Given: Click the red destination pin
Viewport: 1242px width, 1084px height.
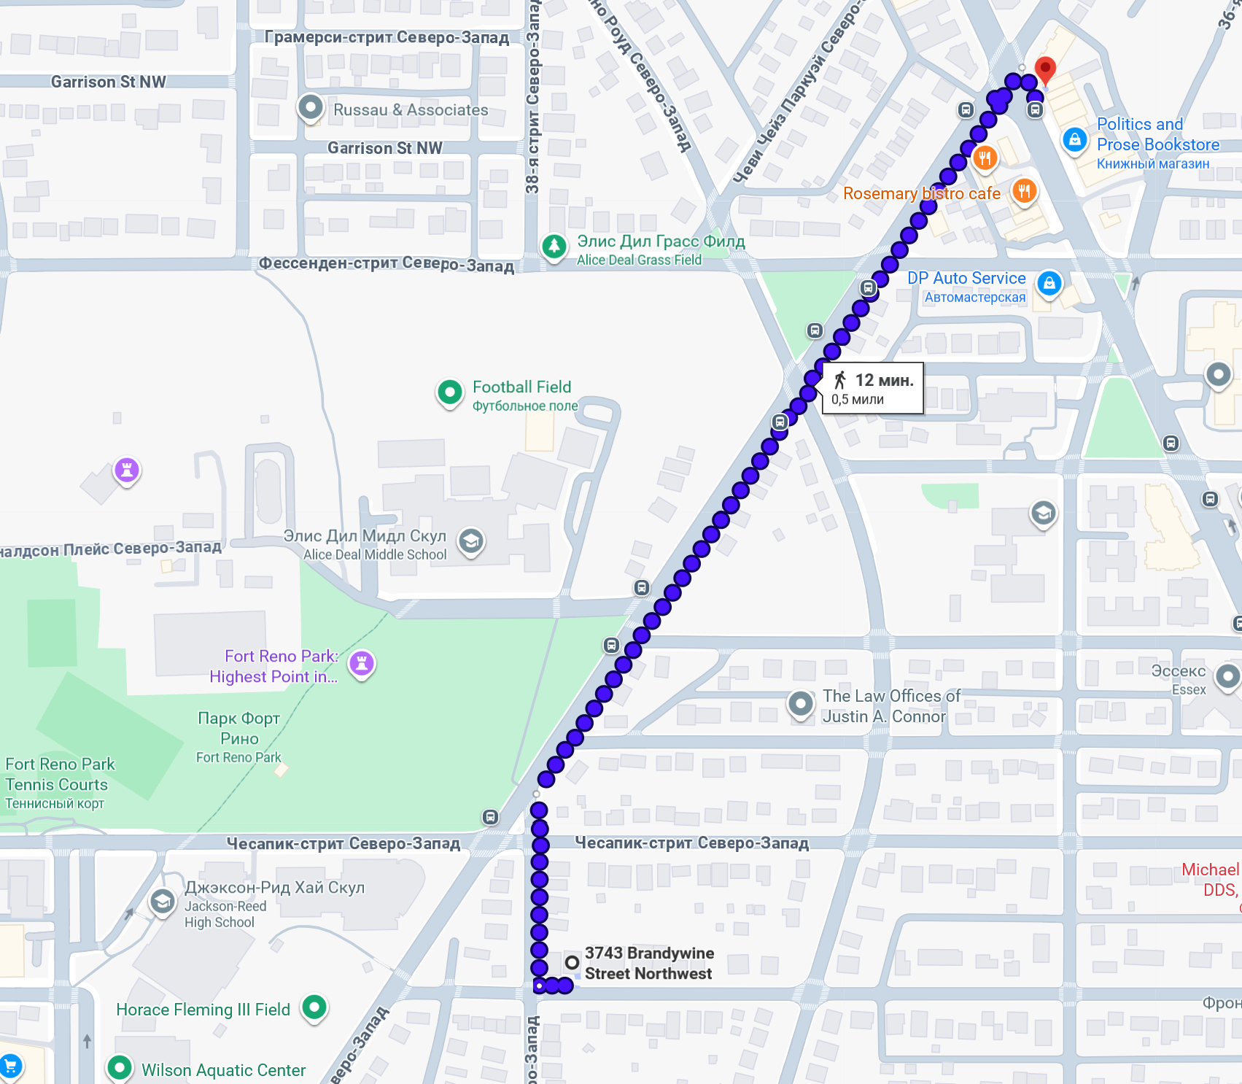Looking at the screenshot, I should (x=1045, y=70).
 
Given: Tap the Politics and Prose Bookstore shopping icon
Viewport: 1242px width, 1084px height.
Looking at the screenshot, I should (x=1074, y=139).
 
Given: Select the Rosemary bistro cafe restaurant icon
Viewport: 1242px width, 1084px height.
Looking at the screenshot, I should (x=1024, y=192).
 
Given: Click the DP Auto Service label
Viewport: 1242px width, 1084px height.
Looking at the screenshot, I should (x=966, y=279).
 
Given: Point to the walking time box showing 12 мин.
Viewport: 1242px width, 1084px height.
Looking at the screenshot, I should (x=872, y=388).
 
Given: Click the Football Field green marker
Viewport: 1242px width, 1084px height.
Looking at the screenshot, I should (x=450, y=392).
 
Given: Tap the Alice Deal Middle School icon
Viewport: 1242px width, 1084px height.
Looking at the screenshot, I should (x=471, y=541).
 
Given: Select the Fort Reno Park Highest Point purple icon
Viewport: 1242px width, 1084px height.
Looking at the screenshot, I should (x=362, y=663).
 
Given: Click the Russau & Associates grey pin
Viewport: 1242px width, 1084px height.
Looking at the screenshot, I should (x=311, y=107).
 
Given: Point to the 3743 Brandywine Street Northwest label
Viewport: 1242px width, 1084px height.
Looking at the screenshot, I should (x=648, y=963).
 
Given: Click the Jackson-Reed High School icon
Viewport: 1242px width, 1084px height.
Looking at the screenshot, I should (x=162, y=902).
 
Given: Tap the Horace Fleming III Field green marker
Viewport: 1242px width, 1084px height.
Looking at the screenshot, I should (x=314, y=1007).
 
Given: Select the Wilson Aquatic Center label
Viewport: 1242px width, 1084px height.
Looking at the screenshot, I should (x=223, y=1070).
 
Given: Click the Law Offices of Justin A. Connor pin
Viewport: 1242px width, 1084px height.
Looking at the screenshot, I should (x=800, y=704).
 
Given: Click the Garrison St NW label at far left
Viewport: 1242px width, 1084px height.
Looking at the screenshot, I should (x=108, y=82).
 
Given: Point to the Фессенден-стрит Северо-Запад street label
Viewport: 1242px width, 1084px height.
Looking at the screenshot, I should (x=387, y=263).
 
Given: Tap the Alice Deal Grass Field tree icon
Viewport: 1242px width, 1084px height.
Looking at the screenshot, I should (x=554, y=246).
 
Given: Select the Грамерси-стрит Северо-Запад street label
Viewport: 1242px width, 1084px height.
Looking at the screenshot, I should (x=387, y=37).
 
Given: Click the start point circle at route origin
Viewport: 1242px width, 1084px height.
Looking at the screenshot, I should (x=572, y=963).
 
